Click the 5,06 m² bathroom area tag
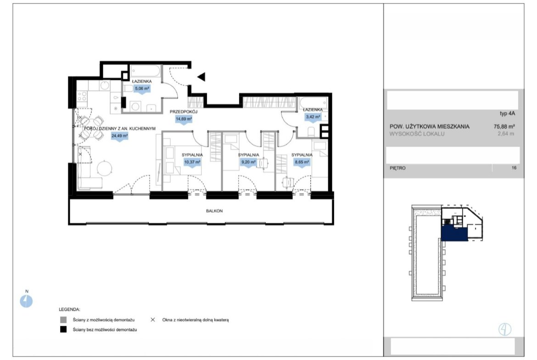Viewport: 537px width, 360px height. click(x=142, y=89)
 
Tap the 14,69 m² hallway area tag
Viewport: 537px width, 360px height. click(x=184, y=119)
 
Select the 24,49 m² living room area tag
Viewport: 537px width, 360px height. click(x=119, y=136)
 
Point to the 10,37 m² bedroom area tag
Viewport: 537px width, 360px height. click(x=192, y=162)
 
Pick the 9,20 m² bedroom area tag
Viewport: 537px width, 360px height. click(x=248, y=162)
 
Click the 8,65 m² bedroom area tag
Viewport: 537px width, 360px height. click(x=302, y=162)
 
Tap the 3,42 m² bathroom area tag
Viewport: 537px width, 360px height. click(x=313, y=117)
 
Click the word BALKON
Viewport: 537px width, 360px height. click(x=214, y=211)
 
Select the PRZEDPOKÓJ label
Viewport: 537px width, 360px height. click(x=184, y=111)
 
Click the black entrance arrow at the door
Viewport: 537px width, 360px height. click(x=201, y=77)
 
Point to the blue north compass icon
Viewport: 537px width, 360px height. click(x=26, y=301)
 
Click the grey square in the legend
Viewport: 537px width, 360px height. click(x=63, y=320)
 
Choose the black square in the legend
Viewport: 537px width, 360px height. click(x=63, y=330)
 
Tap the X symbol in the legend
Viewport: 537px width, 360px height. click(x=153, y=320)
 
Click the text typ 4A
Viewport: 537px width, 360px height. click(x=508, y=114)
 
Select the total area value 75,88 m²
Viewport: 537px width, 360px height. click(x=504, y=126)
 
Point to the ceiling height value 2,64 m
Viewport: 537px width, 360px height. click(x=506, y=134)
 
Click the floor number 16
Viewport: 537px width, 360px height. click(x=514, y=168)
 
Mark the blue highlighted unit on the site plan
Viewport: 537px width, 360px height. click(x=454, y=234)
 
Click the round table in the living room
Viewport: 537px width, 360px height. click(x=105, y=168)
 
